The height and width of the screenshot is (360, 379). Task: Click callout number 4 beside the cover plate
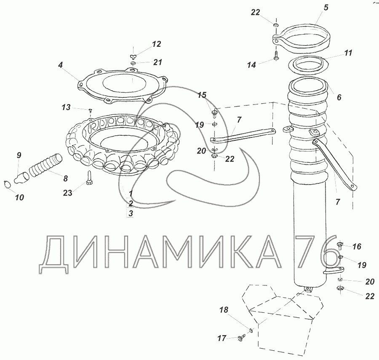point(60,65)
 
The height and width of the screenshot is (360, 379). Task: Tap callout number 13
point(66,107)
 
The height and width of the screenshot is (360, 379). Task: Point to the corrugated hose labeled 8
point(45,164)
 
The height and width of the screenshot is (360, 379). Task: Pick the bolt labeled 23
point(89,178)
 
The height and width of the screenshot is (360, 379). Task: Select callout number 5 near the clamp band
point(326,8)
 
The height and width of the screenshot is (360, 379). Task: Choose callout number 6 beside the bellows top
point(339,97)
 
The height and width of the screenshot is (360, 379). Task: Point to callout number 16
point(357,247)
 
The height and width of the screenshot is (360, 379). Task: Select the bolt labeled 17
point(242,336)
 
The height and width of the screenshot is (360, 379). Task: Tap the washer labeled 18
point(251,330)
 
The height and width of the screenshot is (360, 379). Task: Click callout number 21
point(157,62)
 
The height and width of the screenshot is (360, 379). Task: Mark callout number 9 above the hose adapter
point(19,155)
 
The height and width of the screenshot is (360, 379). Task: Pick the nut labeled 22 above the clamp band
point(275,25)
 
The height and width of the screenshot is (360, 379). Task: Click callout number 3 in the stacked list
point(131,213)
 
